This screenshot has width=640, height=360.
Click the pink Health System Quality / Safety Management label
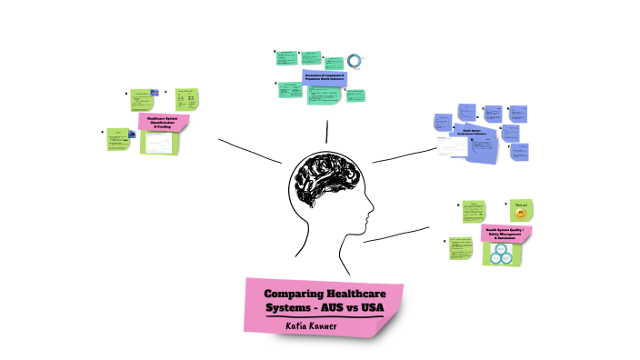tap(505, 234)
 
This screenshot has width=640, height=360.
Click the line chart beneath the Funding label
tap(160, 143)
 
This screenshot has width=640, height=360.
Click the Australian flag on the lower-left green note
tap(133, 135)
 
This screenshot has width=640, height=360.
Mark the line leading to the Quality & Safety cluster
tap(395, 235)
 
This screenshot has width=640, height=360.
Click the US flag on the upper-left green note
tap(155, 94)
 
